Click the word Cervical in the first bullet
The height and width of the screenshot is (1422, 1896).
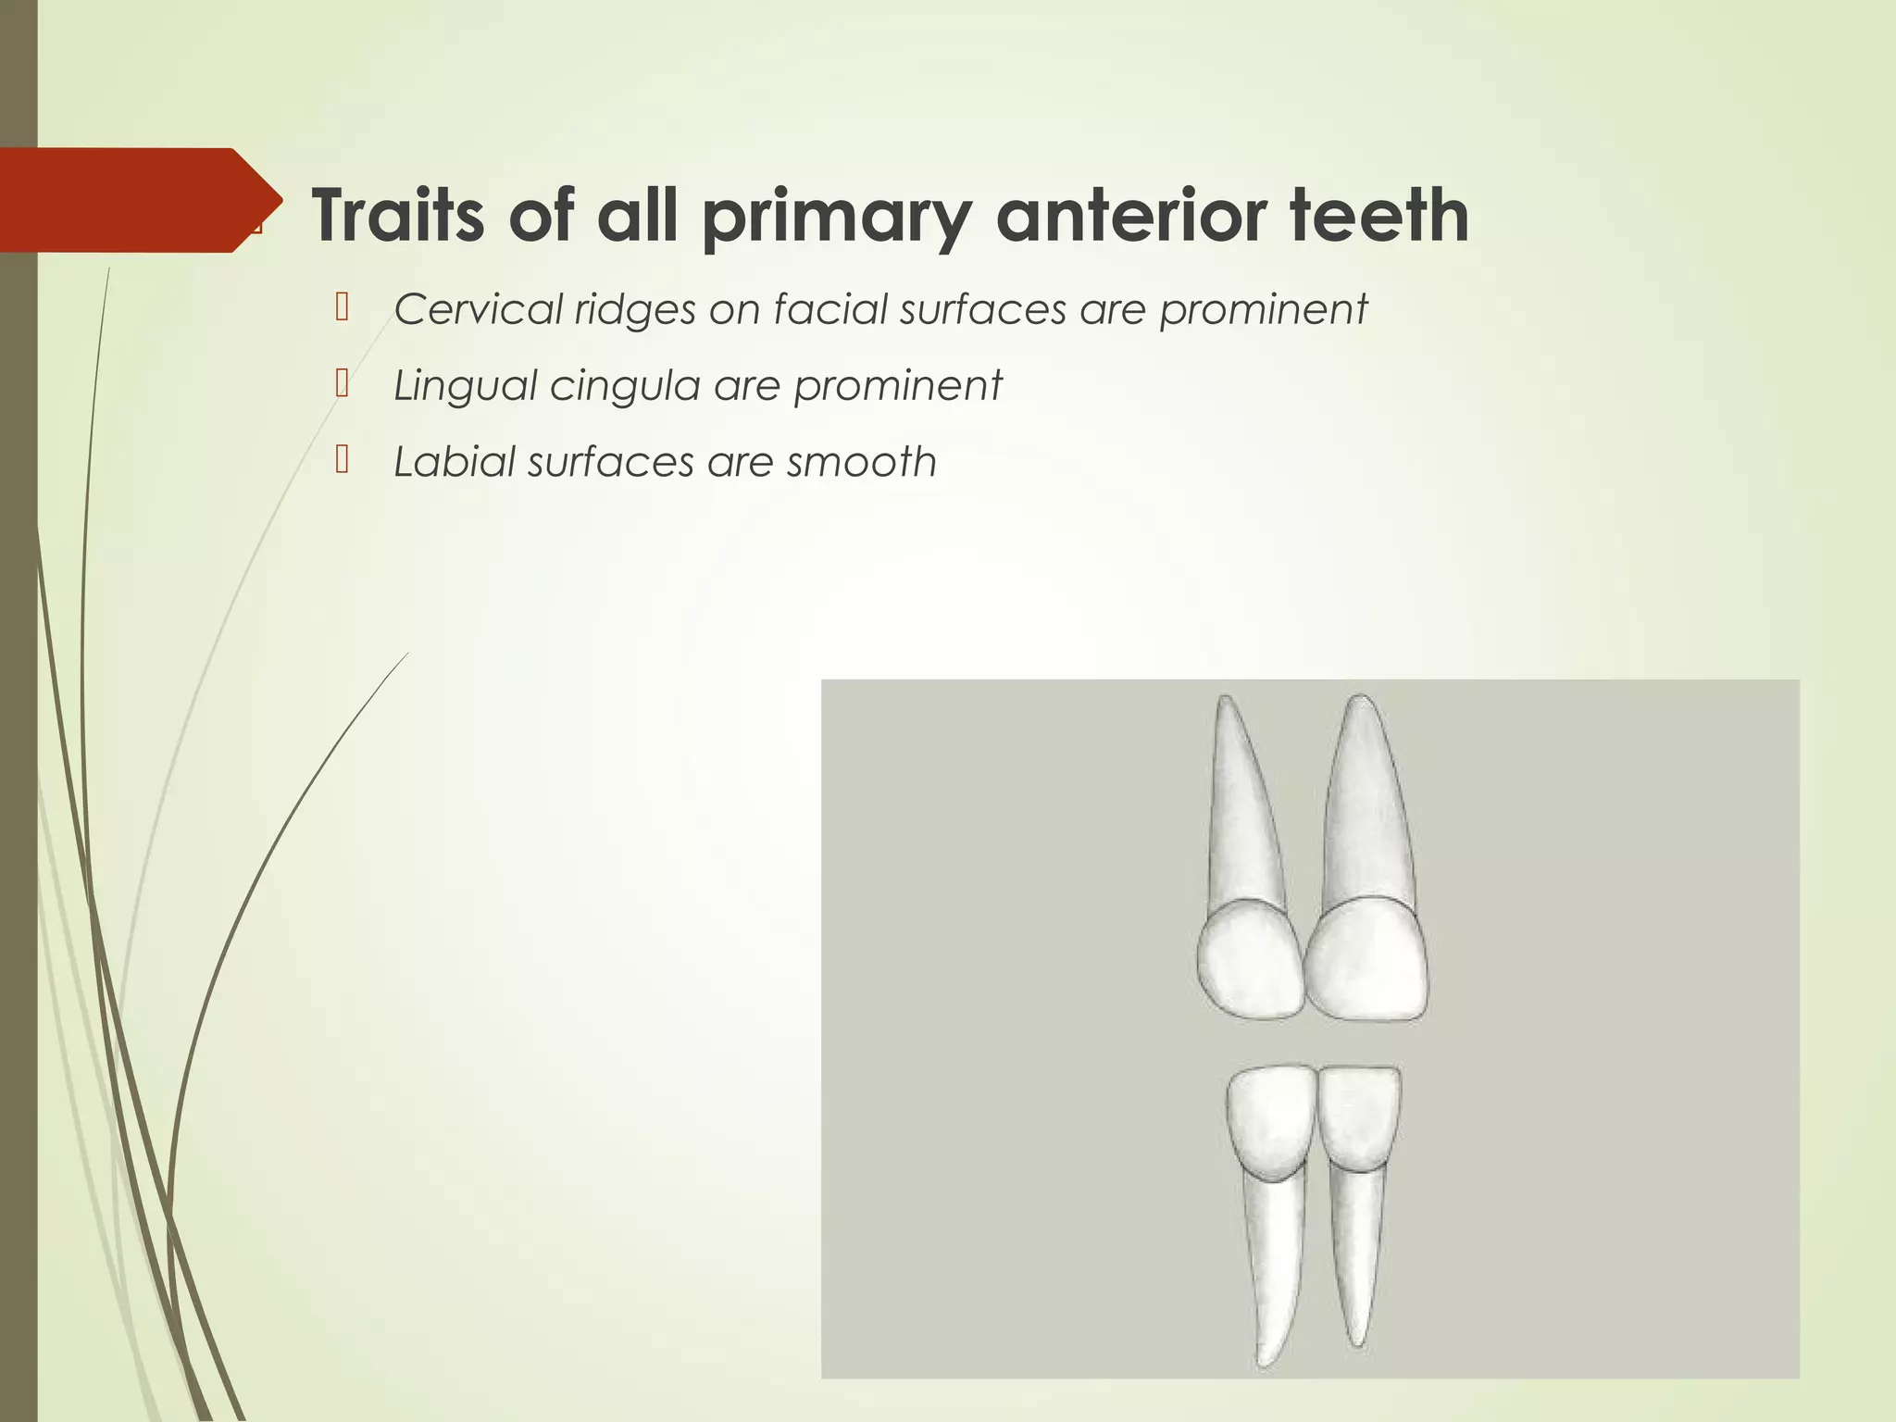[478, 309]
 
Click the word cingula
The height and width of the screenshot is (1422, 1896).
[624, 385]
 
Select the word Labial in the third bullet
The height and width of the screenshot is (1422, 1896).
[453, 462]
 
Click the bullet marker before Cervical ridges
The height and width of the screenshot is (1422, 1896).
[342, 306]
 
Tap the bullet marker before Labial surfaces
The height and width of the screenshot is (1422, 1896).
[342, 459]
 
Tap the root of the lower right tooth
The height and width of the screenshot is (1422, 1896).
[1357, 1259]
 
